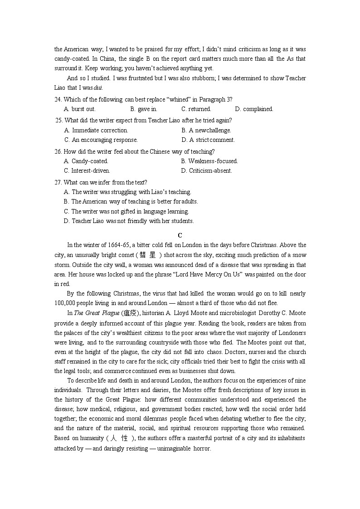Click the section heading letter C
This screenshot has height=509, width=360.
pos(180,235)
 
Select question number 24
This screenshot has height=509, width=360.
pos(58,99)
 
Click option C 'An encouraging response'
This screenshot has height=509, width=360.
pos(101,140)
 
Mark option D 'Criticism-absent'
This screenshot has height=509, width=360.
pos(206,170)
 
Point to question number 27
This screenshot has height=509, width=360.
pos(58,182)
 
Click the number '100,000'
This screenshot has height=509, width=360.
pos(65,303)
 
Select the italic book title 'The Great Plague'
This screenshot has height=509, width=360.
pos(97,313)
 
